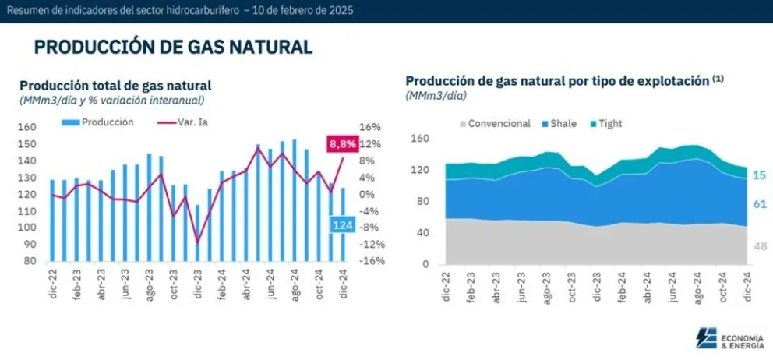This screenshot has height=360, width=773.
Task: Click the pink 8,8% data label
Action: click(343, 144)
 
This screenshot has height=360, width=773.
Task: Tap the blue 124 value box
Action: click(342, 225)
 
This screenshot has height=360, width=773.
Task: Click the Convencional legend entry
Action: click(495, 124)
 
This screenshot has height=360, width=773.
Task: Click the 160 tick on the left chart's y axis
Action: click(27, 128)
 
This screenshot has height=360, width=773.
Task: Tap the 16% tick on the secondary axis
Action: click(369, 128)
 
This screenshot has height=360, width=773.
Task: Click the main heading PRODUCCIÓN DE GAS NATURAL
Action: click(173, 48)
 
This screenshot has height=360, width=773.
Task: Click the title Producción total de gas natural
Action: click(115, 86)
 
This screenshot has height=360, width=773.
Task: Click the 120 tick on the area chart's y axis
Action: click(419, 171)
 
